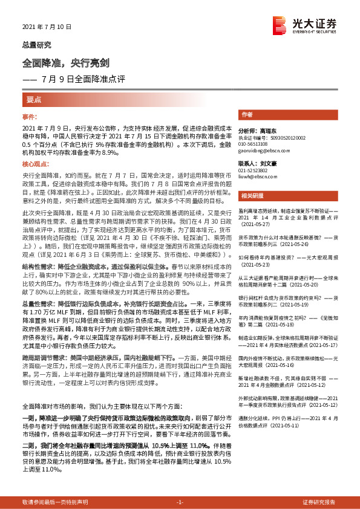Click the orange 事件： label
pos(30,116)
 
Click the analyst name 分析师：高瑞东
pos(257,131)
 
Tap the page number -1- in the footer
pos(179,502)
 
